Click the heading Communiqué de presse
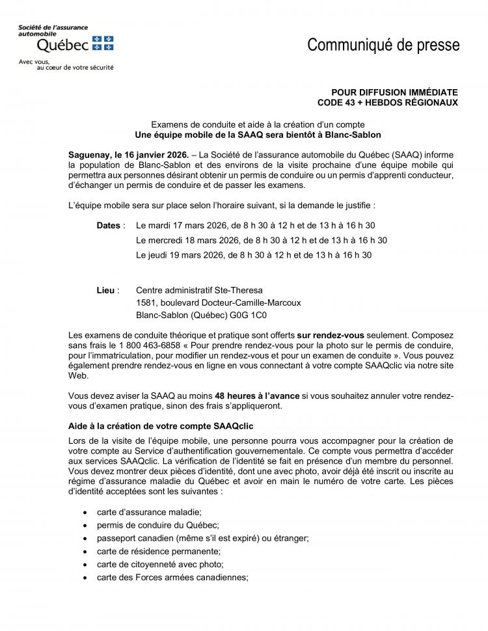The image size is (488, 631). tap(383, 45)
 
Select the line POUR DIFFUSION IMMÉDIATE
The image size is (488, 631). tap(394, 92)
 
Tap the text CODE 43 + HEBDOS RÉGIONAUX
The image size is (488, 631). tap(387, 102)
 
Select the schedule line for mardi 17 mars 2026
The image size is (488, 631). tap(255, 225)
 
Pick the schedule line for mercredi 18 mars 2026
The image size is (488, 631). tap(262, 240)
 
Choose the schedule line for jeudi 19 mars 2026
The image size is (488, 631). tap(254, 255)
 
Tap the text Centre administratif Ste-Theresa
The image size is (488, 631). tap(199, 290)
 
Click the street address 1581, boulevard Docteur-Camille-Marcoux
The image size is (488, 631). tap(218, 302)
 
